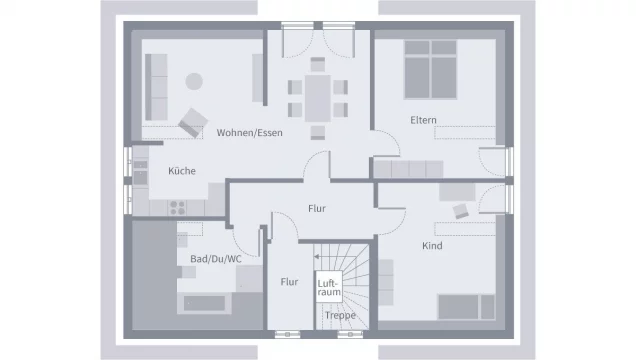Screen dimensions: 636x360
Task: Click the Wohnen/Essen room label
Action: pyautogui.click(x=249, y=133)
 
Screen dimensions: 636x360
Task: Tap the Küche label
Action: pyautogui.click(x=182, y=171)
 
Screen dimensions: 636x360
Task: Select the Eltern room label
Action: pyautogui.click(x=423, y=120)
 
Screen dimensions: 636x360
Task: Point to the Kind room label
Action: pyautogui.click(x=432, y=246)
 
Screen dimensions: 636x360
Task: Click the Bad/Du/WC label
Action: pyautogui.click(x=216, y=259)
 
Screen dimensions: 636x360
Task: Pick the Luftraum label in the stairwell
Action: pyautogui.click(x=329, y=287)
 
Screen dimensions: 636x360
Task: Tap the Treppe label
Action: pyautogui.click(x=340, y=315)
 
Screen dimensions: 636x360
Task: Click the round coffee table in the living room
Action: pyautogui.click(x=194, y=81)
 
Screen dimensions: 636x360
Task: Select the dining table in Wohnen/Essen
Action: pyautogui.click(x=318, y=99)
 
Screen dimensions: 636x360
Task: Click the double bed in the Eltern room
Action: pyautogui.click(x=430, y=69)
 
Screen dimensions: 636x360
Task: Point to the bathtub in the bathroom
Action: pyautogui.click(x=204, y=303)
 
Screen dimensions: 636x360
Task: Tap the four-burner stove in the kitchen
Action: pyautogui.click(x=178, y=208)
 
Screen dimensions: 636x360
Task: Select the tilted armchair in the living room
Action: pyautogui.click(x=193, y=122)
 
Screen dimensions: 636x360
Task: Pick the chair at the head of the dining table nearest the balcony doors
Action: pyautogui.click(x=318, y=64)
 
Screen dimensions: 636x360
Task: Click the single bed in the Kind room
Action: pyautogui.click(x=466, y=307)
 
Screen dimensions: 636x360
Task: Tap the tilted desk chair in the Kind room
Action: pyautogui.click(x=460, y=211)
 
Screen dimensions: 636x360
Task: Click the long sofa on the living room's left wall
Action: pyautogui.click(x=156, y=87)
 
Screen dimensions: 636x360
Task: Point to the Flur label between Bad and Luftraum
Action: pyautogui.click(x=289, y=282)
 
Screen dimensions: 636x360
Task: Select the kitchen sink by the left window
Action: pyautogui.click(x=140, y=171)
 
